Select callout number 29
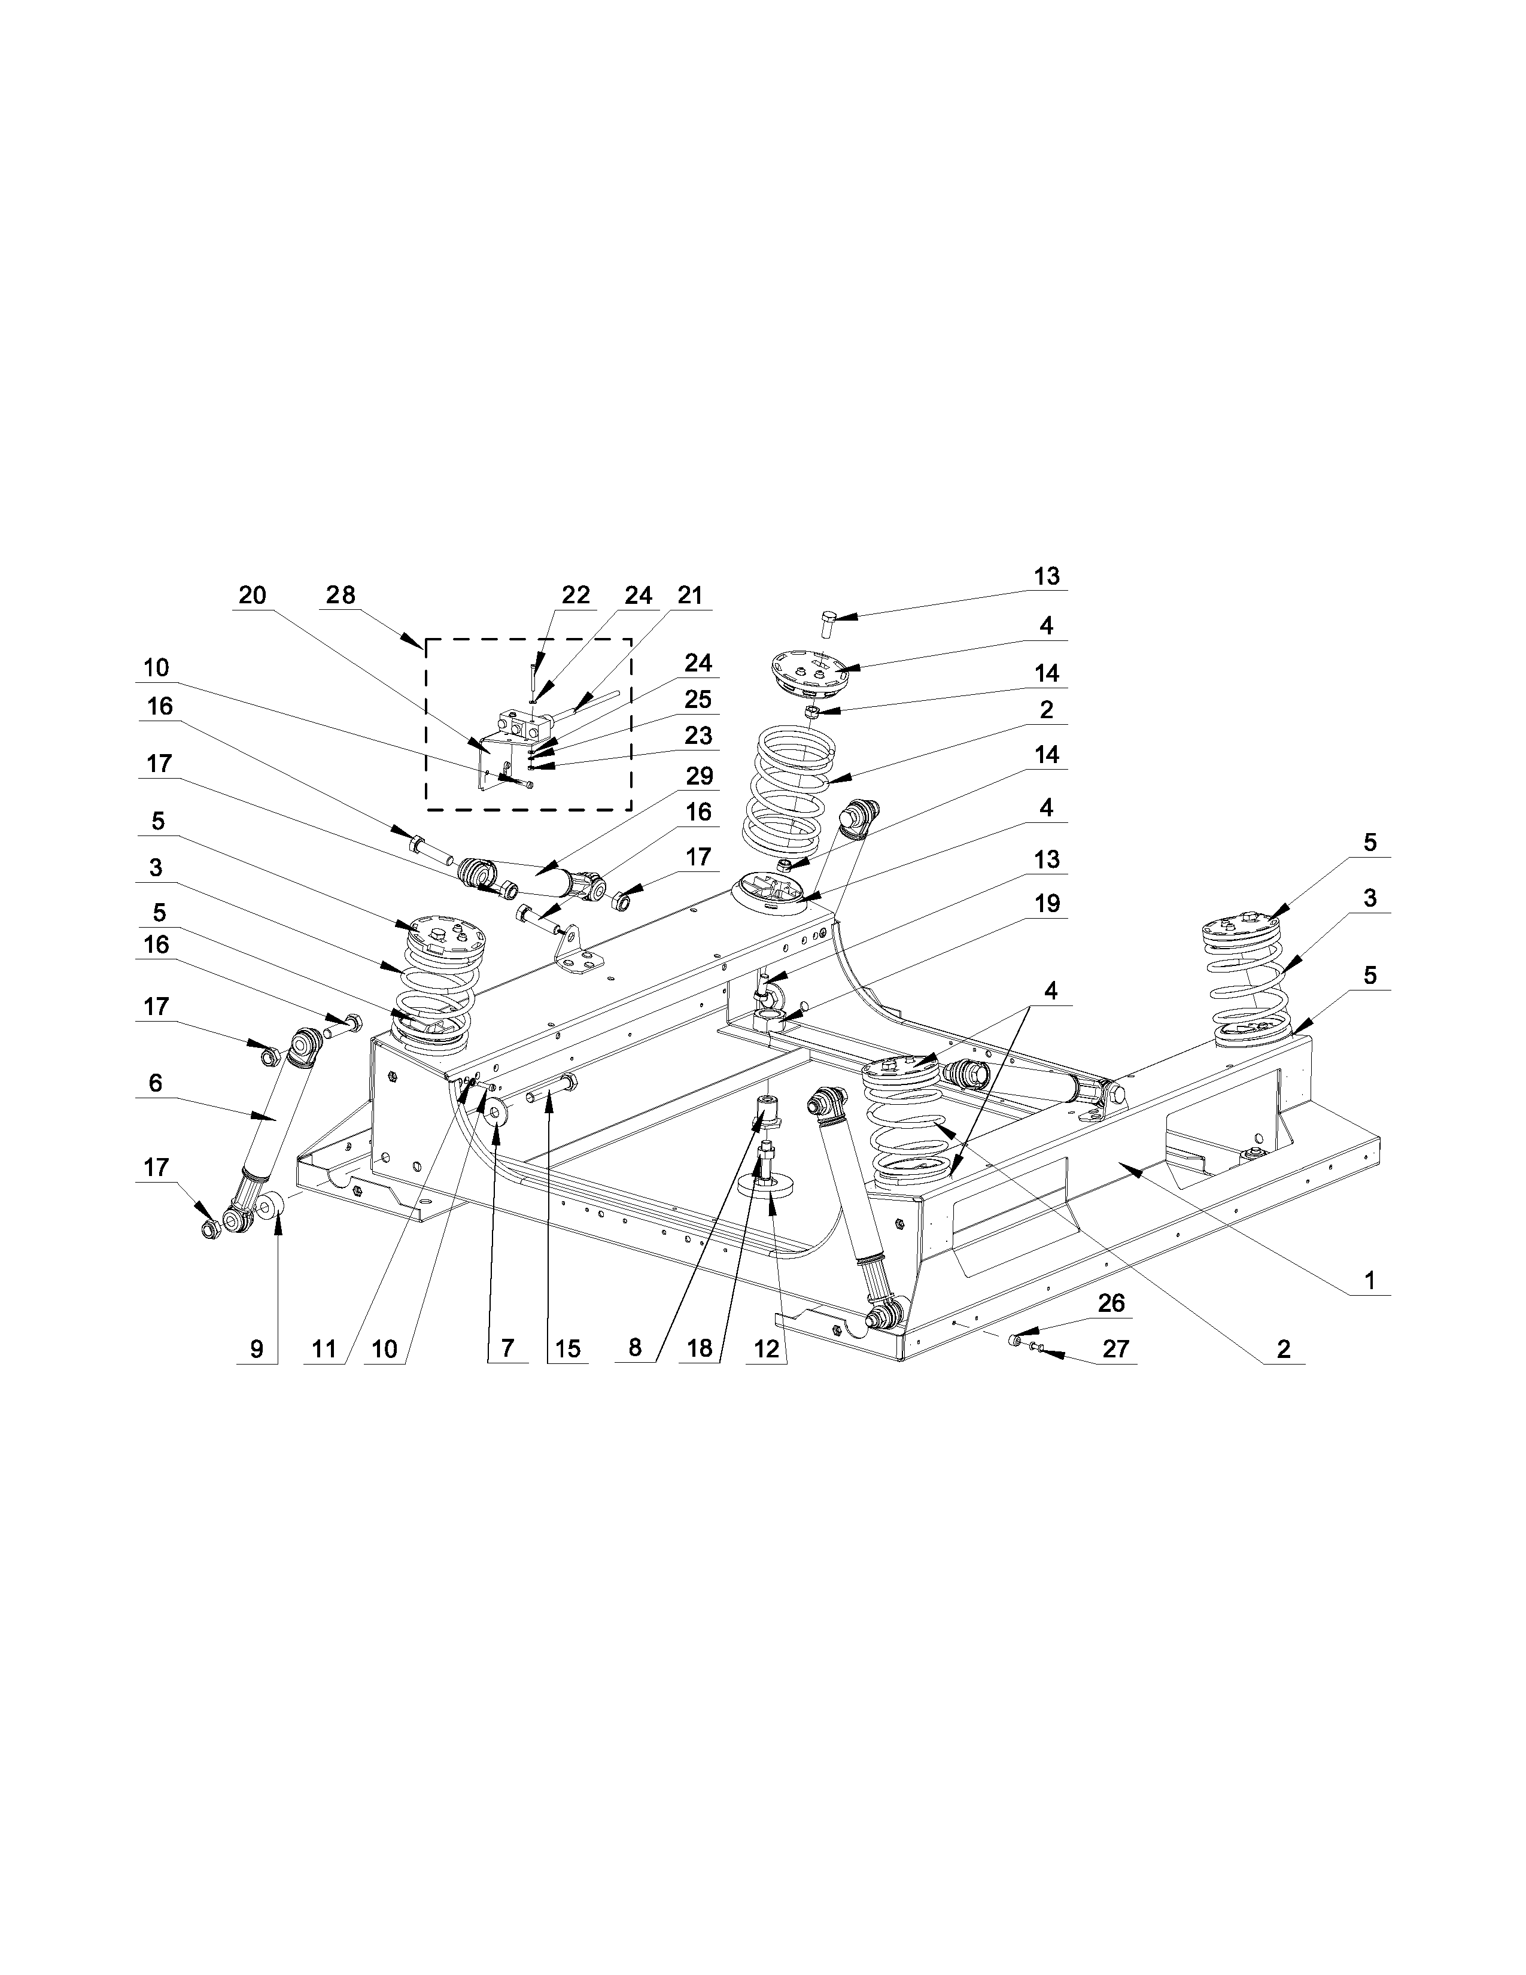pyautogui.click(x=699, y=776)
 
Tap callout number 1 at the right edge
pyautogui.click(x=1370, y=1281)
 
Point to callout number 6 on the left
pyautogui.click(x=156, y=1083)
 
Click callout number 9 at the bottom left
pyautogui.click(x=257, y=1348)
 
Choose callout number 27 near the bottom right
pyautogui.click(x=1117, y=1348)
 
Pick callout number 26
pyautogui.click(x=1111, y=1303)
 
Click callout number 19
pyautogui.click(x=1047, y=903)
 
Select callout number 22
pyautogui.click(x=576, y=595)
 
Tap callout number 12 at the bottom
pyautogui.click(x=767, y=1348)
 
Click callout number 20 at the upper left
pyautogui.click(x=252, y=595)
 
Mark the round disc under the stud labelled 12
pyautogui.click(x=768, y=1186)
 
